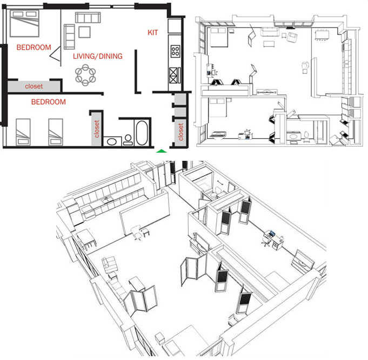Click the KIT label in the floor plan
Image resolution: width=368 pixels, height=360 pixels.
click(153, 33)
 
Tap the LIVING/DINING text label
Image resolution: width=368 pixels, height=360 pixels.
click(97, 56)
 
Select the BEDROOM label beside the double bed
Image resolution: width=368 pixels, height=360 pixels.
click(33, 47)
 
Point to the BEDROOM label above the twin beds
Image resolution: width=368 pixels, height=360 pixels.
click(48, 101)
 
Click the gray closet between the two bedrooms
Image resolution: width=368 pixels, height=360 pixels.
click(33, 86)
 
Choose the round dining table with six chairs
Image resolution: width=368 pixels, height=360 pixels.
click(85, 73)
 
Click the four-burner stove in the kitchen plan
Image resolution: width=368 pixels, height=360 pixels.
click(176, 52)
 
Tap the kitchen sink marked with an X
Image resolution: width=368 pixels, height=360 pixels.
click(176, 74)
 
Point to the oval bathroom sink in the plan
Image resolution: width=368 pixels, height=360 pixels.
click(112, 141)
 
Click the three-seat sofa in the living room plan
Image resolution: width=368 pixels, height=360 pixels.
click(88, 18)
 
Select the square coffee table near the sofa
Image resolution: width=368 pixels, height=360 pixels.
click(84, 32)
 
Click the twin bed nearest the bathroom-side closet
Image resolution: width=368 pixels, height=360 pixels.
click(57, 131)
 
